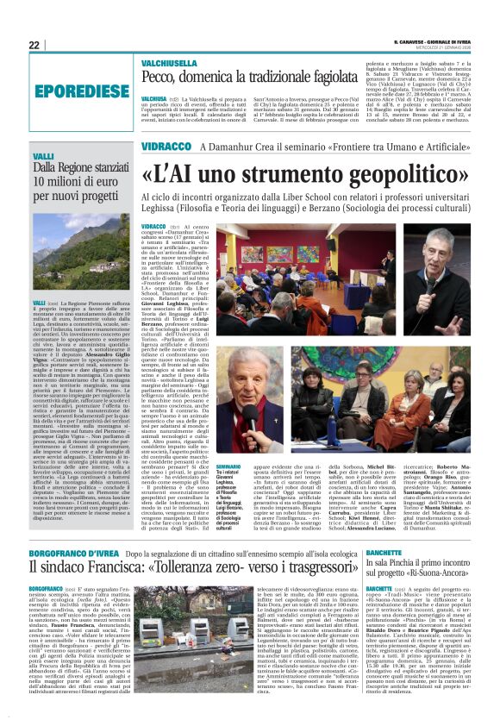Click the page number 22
[34, 45]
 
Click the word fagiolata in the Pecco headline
[309, 78]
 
